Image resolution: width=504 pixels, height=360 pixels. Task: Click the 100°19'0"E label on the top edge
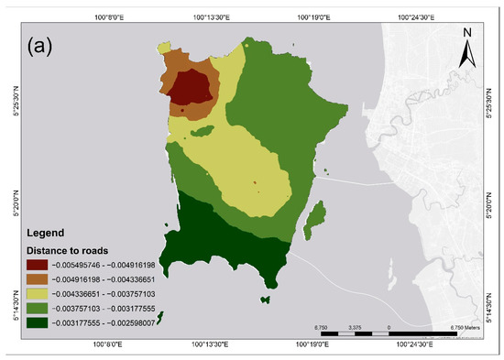[314, 16]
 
